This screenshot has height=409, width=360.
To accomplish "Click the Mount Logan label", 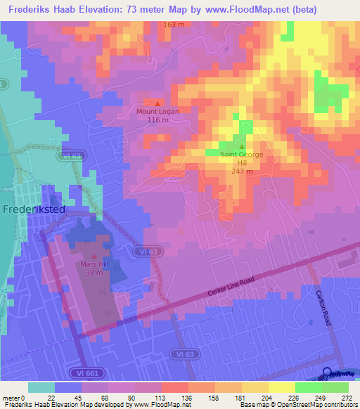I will pyautogui.click(x=157, y=111).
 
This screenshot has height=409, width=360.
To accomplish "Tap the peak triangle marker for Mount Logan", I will pyautogui.click(x=157, y=103).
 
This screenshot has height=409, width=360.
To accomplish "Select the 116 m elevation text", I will pyautogui.click(x=157, y=120).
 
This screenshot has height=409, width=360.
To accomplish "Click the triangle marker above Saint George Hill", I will pyautogui.click(x=242, y=146).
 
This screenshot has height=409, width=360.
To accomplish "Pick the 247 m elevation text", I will pyautogui.click(x=242, y=171).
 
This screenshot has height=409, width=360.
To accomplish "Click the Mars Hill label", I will pyautogui.click(x=94, y=264).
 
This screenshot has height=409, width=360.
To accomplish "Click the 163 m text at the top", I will pyautogui.click(x=174, y=25).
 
